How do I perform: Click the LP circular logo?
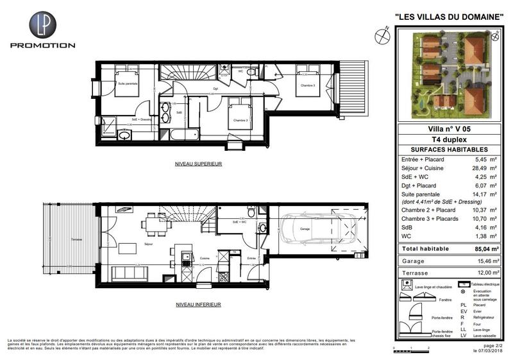point(42,25)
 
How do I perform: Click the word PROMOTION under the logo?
point(42,46)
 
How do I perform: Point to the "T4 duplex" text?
point(448,139)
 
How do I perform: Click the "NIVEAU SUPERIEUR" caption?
point(198,164)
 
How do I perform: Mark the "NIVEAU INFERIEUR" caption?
point(198,304)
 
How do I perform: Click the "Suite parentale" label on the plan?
point(129,83)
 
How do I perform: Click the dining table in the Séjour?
point(155,224)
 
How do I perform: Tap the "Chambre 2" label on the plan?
point(240,120)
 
